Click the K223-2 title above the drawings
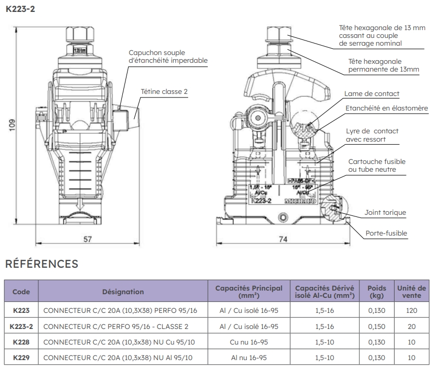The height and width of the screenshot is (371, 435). [x=22, y=9]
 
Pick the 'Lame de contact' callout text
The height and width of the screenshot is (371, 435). [x=372, y=94]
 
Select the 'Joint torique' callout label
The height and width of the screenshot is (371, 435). [x=385, y=213]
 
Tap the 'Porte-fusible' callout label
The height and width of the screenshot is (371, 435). [x=386, y=233]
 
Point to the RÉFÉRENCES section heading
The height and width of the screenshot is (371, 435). [x=41, y=264]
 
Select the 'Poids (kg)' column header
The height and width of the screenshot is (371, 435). [x=376, y=292]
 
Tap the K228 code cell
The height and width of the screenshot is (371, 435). [x=21, y=342]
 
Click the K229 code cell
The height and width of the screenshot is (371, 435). [x=21, y=358]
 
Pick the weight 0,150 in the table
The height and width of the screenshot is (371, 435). [x=376, y=327]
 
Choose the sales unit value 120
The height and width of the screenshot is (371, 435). [x=412, y=311]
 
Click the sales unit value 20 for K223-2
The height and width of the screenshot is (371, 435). [x=412, y=327]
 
